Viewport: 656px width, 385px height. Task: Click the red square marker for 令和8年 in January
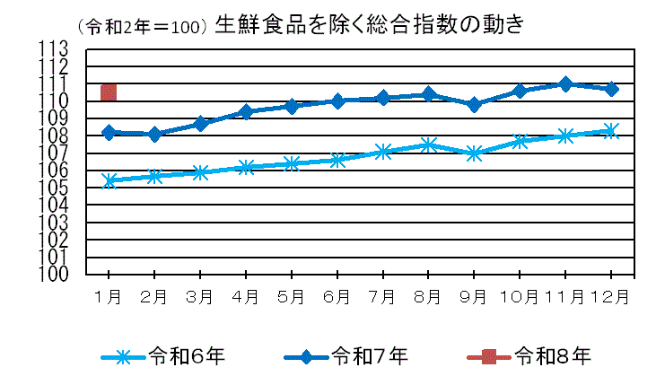(109, 92)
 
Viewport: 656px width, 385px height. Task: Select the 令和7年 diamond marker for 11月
(565, 83)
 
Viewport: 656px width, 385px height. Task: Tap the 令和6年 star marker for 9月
(474, 153)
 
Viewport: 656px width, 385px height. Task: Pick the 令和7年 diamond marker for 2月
(154, 135)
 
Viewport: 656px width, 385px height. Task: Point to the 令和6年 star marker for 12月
(611, 131)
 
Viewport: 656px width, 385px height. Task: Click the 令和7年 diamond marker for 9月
(474, 105)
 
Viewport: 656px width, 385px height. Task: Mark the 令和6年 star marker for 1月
(109, 180)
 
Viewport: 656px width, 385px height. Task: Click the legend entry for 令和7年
(345, 356)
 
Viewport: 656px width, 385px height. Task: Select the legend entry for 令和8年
(529, 356)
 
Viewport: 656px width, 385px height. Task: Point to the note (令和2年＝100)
(144, 27)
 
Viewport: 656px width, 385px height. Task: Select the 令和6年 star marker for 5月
(291, 163)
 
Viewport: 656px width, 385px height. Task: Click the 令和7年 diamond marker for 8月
(428, 94)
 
